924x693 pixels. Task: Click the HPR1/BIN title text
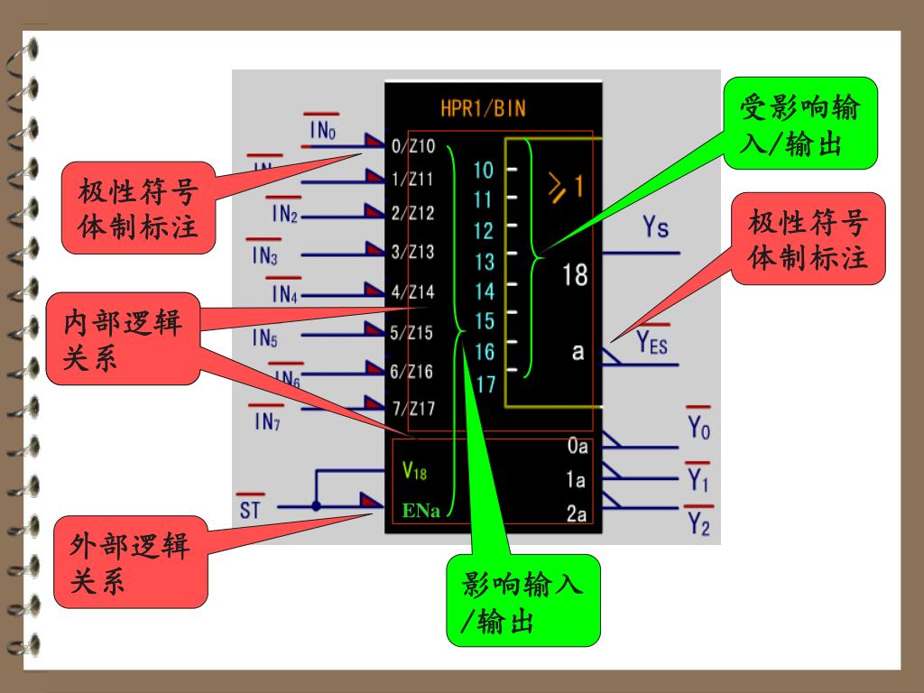[x=483, y=109]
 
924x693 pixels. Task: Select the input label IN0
[x=323, y=132]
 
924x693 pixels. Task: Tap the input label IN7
[x=267, y=421]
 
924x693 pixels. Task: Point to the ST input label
[x=250, y=511]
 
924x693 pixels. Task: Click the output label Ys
[x=656, y=227]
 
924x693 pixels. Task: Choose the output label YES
[x=651, y=343]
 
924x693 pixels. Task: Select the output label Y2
[x=698, y=522]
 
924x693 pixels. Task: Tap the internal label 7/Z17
[x=414, y=408]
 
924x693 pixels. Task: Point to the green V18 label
[x=415, y=470]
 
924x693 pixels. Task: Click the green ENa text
[x=421, y=512]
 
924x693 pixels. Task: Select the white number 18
[x=575, y=274]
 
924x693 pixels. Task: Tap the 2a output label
[x=577, y=514]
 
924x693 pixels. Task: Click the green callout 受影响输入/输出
[x=799, y=125]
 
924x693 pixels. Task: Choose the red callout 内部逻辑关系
[x=122, y=338]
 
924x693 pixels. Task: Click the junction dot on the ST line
[x=316, y=506]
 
